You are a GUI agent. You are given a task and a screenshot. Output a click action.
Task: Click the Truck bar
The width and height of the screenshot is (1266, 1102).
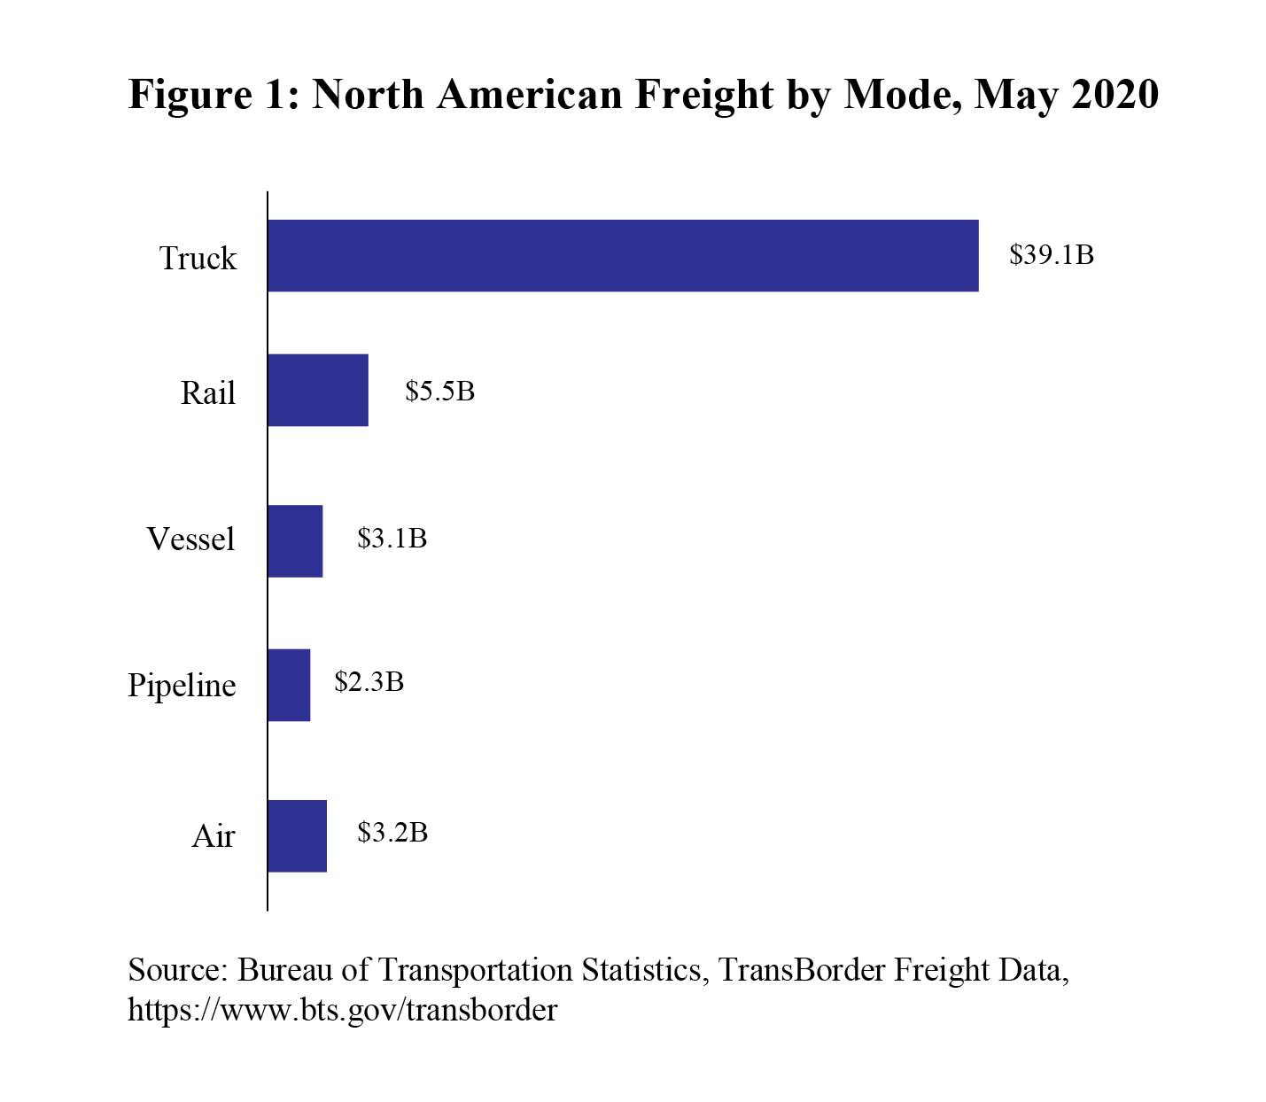coord(623,255)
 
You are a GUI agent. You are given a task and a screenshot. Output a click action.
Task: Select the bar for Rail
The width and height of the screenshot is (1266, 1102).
coord(317,390)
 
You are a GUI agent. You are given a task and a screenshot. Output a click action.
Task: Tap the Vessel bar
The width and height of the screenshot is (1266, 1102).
coord(295,541)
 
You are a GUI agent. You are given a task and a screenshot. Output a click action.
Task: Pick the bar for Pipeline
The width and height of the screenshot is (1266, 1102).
coord(289,685)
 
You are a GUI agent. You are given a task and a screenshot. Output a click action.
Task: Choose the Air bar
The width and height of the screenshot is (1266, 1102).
coord(297,835)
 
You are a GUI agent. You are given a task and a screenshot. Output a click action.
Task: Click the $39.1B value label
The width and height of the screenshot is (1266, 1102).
coord(1052,255)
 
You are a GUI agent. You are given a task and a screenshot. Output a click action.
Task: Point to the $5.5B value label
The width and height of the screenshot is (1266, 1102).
coord(439,391)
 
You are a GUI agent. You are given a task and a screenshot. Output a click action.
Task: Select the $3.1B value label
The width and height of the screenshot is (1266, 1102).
coord(392,538)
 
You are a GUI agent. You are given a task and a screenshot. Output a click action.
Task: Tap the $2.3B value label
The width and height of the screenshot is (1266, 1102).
coord(369,681)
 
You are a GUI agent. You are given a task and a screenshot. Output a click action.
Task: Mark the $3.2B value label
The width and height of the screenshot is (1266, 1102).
coord(392,832)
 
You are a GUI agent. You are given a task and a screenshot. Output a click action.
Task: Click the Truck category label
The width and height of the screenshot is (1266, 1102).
coord(198,259)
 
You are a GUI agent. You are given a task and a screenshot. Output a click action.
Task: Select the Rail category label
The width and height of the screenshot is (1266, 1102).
coord(208,392)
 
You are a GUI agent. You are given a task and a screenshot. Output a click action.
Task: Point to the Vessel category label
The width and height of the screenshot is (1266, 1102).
coord(190,539)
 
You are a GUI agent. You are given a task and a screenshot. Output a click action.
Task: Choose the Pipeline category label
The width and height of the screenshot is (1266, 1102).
coord(182,686)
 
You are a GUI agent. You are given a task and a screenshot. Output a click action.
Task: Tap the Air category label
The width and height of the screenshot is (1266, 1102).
coord(214,835)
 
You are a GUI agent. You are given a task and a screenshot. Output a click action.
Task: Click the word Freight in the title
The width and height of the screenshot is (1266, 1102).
coord(704,94)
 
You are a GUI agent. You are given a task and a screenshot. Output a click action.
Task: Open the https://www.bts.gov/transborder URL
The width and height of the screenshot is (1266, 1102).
coord(343,1009)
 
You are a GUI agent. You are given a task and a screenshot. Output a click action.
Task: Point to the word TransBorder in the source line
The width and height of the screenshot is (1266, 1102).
coord(801,970)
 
